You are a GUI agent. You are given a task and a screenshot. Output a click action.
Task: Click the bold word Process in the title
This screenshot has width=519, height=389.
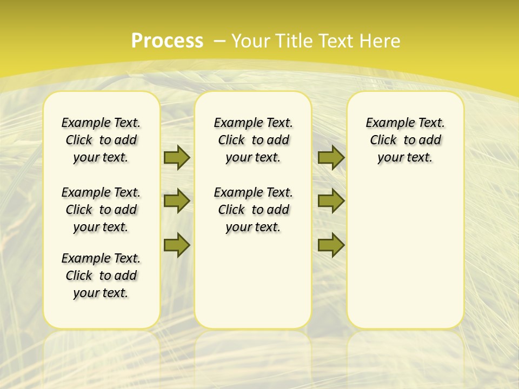point(167,41)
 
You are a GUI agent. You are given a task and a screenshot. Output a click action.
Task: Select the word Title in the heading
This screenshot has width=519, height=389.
point(295,41)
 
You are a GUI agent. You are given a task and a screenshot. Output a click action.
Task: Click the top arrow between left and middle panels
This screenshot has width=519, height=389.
point(177,158)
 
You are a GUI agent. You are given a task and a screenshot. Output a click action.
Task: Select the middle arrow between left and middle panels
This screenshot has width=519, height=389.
point(177,201)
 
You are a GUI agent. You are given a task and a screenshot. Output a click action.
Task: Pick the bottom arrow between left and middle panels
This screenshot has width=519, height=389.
point(177,245)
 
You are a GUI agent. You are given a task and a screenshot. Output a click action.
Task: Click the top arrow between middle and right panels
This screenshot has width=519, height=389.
point(331,158)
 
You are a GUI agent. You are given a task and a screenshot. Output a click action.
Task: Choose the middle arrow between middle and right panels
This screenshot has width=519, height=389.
point(331,201)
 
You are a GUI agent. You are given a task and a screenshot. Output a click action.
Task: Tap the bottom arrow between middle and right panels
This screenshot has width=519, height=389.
point(331,245)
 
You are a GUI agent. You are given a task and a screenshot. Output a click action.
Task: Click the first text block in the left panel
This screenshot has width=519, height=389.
point(101,140)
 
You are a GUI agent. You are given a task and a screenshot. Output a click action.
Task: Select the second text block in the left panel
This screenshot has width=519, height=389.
point(101,210)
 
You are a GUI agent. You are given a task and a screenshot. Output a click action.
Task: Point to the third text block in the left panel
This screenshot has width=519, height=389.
point(101,276)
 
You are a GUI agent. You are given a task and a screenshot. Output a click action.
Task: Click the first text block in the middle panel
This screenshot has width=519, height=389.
point(253,140)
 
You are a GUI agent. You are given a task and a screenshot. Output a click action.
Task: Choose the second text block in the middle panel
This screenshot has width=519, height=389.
point(253,210)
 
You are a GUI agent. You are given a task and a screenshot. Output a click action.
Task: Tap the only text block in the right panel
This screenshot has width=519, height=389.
point(405,140)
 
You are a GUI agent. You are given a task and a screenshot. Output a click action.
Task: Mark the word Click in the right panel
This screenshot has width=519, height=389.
point(383,140)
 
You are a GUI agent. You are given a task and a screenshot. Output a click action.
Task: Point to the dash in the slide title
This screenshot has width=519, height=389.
point(219,41)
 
